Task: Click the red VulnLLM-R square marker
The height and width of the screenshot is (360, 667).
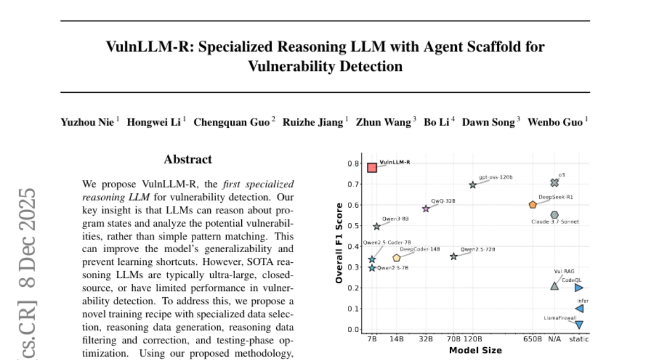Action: click(372, 167)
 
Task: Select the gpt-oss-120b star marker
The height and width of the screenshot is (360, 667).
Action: click(472, 185)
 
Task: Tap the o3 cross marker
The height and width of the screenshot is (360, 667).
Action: click(554, 183)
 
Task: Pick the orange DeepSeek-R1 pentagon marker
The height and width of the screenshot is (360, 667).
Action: click(532, 204)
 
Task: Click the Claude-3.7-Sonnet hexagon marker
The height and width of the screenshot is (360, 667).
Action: click(554, 215)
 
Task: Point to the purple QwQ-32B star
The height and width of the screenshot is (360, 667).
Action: click(426, 209)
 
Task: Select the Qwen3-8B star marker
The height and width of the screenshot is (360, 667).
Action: click(376, 227)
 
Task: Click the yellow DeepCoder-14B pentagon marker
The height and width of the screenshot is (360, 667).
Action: click(396, 258)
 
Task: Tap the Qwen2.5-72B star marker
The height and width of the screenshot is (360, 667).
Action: click(454, 257)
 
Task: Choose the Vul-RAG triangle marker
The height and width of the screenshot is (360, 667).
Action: click(554, 286)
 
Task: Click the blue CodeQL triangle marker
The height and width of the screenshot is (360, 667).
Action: click(579, 288)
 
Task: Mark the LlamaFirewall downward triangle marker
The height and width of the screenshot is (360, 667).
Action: click(579, 325)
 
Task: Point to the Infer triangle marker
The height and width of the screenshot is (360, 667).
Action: click(579, 309)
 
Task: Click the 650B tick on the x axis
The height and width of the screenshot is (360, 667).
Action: click(532, 339)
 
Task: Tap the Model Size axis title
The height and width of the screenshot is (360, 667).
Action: click(475, 350)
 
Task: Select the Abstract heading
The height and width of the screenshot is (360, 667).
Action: click(188, 160)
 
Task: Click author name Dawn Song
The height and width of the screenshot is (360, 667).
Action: click(489, 122)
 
